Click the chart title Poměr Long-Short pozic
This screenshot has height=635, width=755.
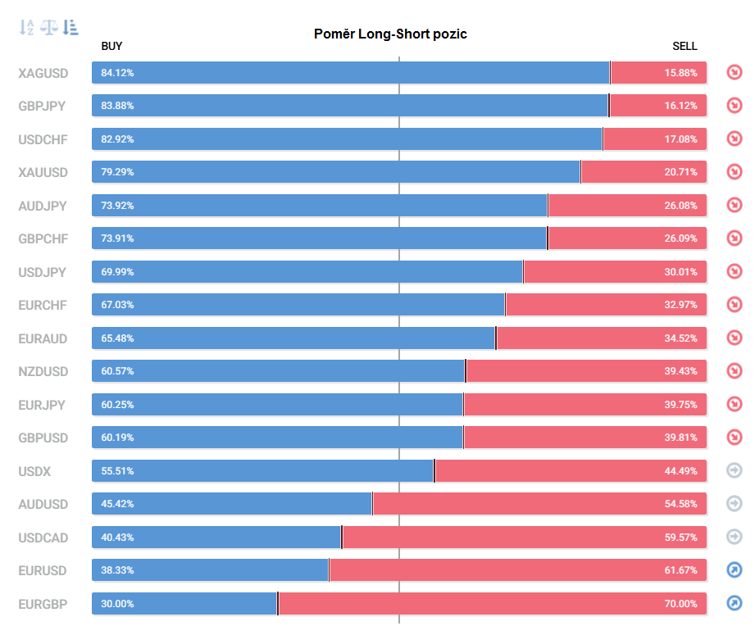pyautogui.click(x=390, y=34)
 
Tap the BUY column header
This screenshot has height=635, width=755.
pyautogui.click(x=111, y=46)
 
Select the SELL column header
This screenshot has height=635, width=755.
pyautogui.click(x=685, y=46)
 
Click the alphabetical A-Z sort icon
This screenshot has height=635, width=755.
pyautogui.click(x=26, y=27)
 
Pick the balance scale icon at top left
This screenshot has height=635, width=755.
pyautogui.click(x=48, y=27)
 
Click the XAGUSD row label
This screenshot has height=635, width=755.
pyautogui.click(x=43, y=73)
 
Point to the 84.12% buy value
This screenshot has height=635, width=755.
pyautogui.click(x=117, y=73)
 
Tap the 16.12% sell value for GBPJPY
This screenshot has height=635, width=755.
pyautogui.click(x=681, y=106)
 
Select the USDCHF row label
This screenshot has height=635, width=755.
pyautogui.click(x=43, y=139)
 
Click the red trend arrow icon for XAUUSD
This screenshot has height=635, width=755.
pyautogui.click(x=735, y=172)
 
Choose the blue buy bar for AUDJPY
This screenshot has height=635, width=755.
pyautogui.click(x=319, y=206)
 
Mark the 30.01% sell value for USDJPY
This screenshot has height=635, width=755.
pyautogui.click(x=681, y=272)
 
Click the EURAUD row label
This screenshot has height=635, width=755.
pyautogui.click(x=43, y=339)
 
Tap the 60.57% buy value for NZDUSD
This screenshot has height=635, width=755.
pyautogui.click(x=117, y=371)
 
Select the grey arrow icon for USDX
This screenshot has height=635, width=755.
pyautogui.click(x=735, y=470)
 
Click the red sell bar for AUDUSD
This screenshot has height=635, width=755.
pyautogui.click(x=539, y=504)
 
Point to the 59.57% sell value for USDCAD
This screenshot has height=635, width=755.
pyautogui.click(x=681, y=537)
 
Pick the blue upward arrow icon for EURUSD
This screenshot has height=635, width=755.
pyautogui.click(x=735, y=570)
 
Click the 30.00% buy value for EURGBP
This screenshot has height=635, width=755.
pyautogui.click(x=117, y=604)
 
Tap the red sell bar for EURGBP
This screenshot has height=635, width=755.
pyautogui.click(x=493, y=604)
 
